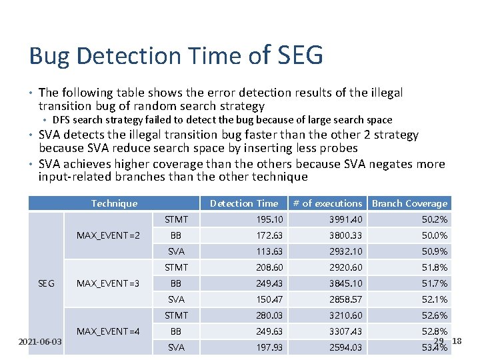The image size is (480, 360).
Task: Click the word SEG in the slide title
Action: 298,55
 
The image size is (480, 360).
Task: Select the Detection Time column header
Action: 244,203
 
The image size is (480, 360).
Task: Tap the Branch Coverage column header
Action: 409,203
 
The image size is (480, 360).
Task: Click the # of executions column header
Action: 329,203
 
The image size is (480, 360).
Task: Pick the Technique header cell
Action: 114,203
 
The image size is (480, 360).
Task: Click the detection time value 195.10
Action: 269,219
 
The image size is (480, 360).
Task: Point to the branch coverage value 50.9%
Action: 435,251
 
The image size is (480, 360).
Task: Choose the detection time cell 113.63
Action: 269,251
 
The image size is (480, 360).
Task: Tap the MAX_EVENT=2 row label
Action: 108,235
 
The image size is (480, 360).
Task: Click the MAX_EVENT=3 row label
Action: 108,283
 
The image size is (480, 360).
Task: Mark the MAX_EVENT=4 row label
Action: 108,331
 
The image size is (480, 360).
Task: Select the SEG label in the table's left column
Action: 46,283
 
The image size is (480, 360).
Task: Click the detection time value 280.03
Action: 269,315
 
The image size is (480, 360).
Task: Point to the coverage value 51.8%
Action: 435,267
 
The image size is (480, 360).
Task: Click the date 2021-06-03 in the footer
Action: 41,341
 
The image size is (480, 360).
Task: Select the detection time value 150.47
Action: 269,299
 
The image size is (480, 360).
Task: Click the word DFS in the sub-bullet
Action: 61,120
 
